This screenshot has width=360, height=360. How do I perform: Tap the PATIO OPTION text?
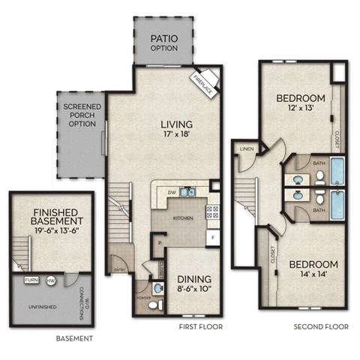tap(163, 42)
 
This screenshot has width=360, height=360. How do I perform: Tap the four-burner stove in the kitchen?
tap(212, 210)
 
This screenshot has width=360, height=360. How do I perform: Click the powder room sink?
tap(156, 289)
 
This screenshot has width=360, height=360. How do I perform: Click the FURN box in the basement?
tap(31, 280)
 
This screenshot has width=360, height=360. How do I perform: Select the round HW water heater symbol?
tap(51, 280)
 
